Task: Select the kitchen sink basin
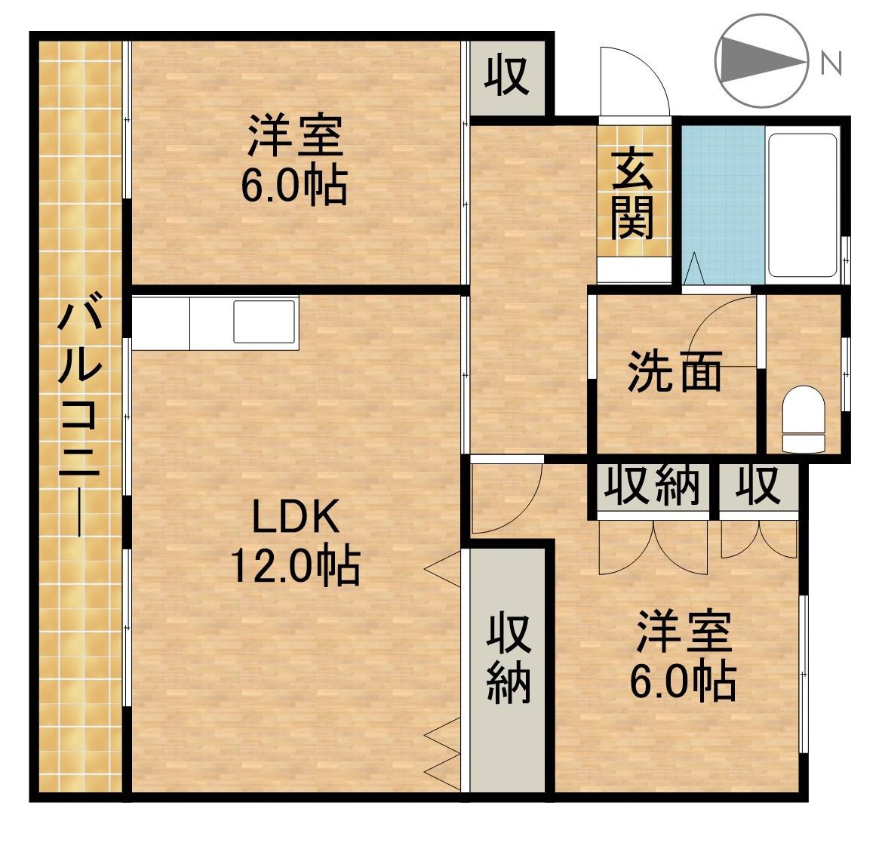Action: [264, 321]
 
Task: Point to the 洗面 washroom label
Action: [675, 372]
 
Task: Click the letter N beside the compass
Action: [831, 63]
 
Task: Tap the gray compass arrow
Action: [758, 60]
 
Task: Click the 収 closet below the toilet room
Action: [758, 487]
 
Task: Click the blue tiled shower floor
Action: [723, 204]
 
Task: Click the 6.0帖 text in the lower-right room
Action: [682, 682]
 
